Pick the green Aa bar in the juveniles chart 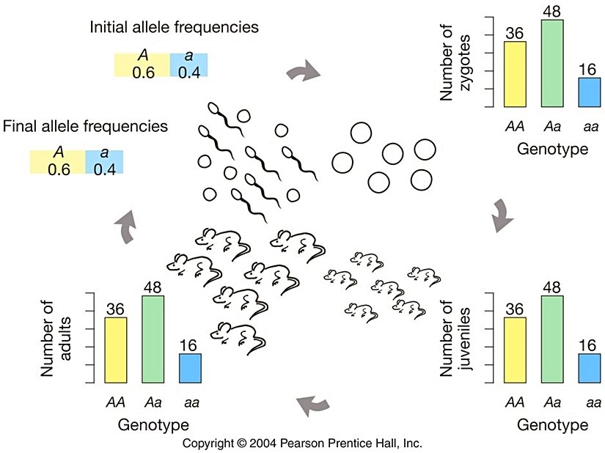[551, 339]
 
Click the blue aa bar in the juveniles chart [588, 369]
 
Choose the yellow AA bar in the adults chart [116, 350]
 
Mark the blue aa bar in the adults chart [190, 368]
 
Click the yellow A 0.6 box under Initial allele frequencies [142, 65]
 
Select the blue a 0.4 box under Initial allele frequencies [189, 65]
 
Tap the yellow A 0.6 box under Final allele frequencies [57, 161]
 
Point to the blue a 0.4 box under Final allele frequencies [104, 161]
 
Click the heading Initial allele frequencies [174, 28]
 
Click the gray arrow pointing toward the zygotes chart [303, 71]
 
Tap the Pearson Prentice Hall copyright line [302, 443]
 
